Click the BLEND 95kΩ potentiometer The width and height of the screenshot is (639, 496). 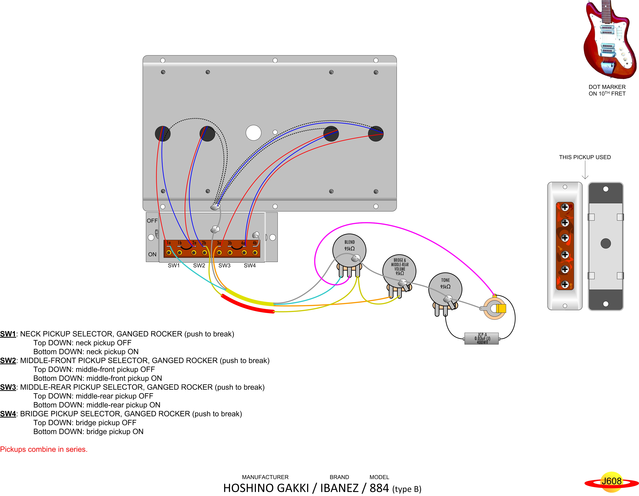coord(349,250)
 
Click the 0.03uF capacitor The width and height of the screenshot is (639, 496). coord(482,339)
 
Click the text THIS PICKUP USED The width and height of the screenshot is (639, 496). coord(585,157)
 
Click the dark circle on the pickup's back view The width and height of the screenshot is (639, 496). coord(606,243)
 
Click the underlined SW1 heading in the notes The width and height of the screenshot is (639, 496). coord(8,334)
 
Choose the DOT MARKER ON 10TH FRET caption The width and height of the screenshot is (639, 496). coord(607,90)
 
